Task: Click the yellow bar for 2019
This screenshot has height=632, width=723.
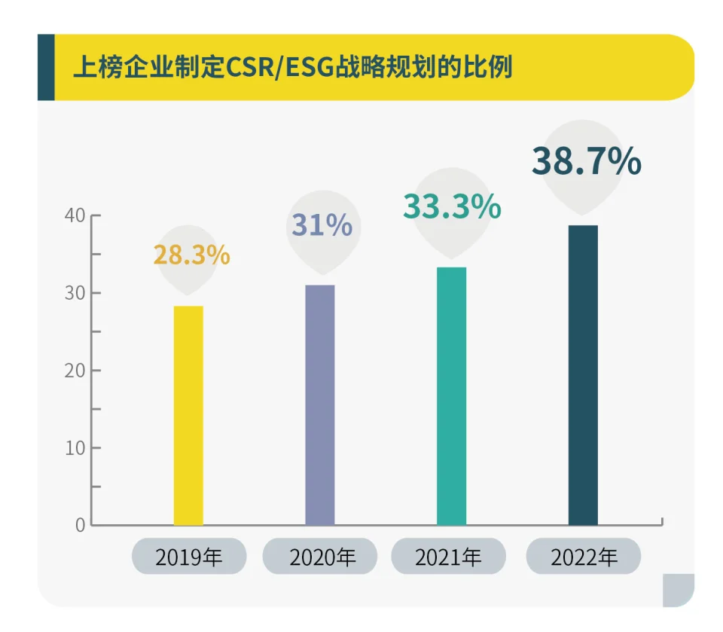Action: pyautogui.click(x=188, y=415)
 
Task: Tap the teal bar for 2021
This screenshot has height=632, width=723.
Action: pyautogui.click(x=451, y=395)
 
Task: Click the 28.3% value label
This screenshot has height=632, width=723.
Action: pyautogui.click(x=191, y=255)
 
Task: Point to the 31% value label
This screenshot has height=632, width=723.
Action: pyautogui.click(x=322, y=225)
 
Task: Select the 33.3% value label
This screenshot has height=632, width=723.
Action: pyautogui.click(x=452, y=207)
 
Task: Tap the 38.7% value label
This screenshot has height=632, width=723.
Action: pyautogui.click(x=587, y=161)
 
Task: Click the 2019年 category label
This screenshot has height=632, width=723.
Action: pyautogui.click(x=189, y=557)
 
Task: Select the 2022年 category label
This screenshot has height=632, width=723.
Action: pyautogui.click(x=584, y=557)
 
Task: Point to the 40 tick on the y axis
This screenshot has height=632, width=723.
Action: pyautogui.click(x=75, y=215)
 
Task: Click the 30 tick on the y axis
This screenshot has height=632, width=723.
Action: pyautogui.click(x=75, y=293)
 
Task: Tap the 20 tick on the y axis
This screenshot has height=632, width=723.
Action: pyautogui.click(x=75, y=371)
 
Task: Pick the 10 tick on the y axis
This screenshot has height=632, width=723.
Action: pyautogui.click(x=75, y=447)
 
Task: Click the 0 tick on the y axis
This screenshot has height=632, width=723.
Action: pyautogui.click(x=80, y=525)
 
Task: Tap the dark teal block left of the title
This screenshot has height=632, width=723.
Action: pyautogui.click(x=46, y=67)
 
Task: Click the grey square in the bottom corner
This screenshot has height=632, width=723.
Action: pyautogui.click(x=678, y=590)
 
